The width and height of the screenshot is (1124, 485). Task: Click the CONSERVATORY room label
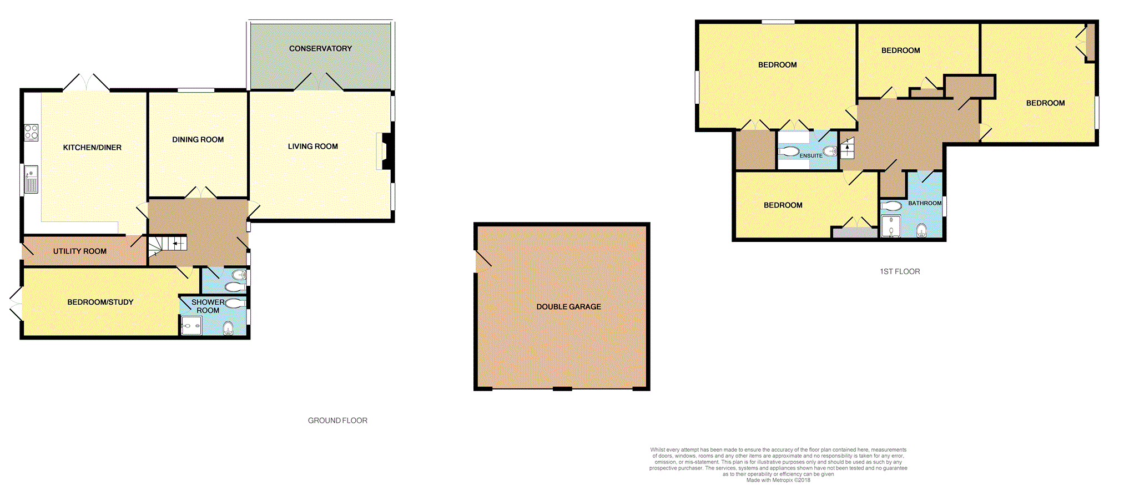[320, 49]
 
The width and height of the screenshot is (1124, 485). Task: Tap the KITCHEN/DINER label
[92, 148]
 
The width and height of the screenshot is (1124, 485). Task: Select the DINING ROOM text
[198, 140]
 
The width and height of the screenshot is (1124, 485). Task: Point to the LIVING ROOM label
[313, 146]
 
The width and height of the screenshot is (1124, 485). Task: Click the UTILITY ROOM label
[80, 251]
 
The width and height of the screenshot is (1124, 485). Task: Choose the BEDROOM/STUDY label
[100, 302]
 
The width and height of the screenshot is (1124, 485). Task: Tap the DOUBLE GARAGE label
[569, 307]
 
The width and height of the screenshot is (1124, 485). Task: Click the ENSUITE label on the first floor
[811, 156]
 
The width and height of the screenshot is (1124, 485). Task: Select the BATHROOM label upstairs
[925, 203]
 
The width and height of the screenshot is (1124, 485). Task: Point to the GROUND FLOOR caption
[337, 421]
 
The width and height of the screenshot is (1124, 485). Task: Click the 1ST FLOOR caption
[900, 271]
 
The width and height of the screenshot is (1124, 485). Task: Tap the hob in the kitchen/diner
[31, 132]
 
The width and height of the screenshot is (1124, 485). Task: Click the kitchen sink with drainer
[31, 179]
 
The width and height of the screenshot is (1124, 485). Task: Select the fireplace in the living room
[385, 151]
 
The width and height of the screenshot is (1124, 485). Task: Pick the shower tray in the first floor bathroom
[891, 226]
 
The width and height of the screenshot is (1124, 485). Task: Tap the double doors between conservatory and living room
[319, 82]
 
